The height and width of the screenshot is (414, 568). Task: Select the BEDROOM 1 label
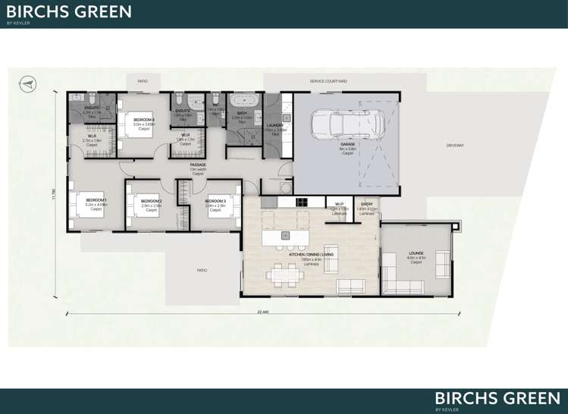pyautogui.click(x=96, y=199)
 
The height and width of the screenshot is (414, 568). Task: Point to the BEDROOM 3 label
pyautogui.click(x=215, y=200)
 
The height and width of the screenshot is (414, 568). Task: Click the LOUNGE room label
pyautogui.click(x=416, y=253)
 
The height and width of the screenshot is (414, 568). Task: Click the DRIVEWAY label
pyautogui.click(x=455, y=145)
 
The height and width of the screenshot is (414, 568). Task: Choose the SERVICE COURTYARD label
pyautogui.click(x=328, y=80)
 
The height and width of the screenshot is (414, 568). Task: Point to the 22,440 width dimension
pyautogui.click(x=262, y=311)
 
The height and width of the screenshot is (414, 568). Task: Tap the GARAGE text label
pyautogui.click(x=348, y=144)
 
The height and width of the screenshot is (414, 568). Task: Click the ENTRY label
pyautogui.click(x=367, y=204)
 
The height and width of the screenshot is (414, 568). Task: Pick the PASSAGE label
pyautogui.click(x=198, y=165)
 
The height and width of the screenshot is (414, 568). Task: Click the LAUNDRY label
pyautogui.click(x=275, y=125)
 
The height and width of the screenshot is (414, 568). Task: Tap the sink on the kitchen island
pyautogui.click(x=289, y=234)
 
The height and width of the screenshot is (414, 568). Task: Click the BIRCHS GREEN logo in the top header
pyautogui.click(x=69, y=12)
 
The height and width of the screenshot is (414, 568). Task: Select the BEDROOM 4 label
pyautogui.click(x=144, y=120)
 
